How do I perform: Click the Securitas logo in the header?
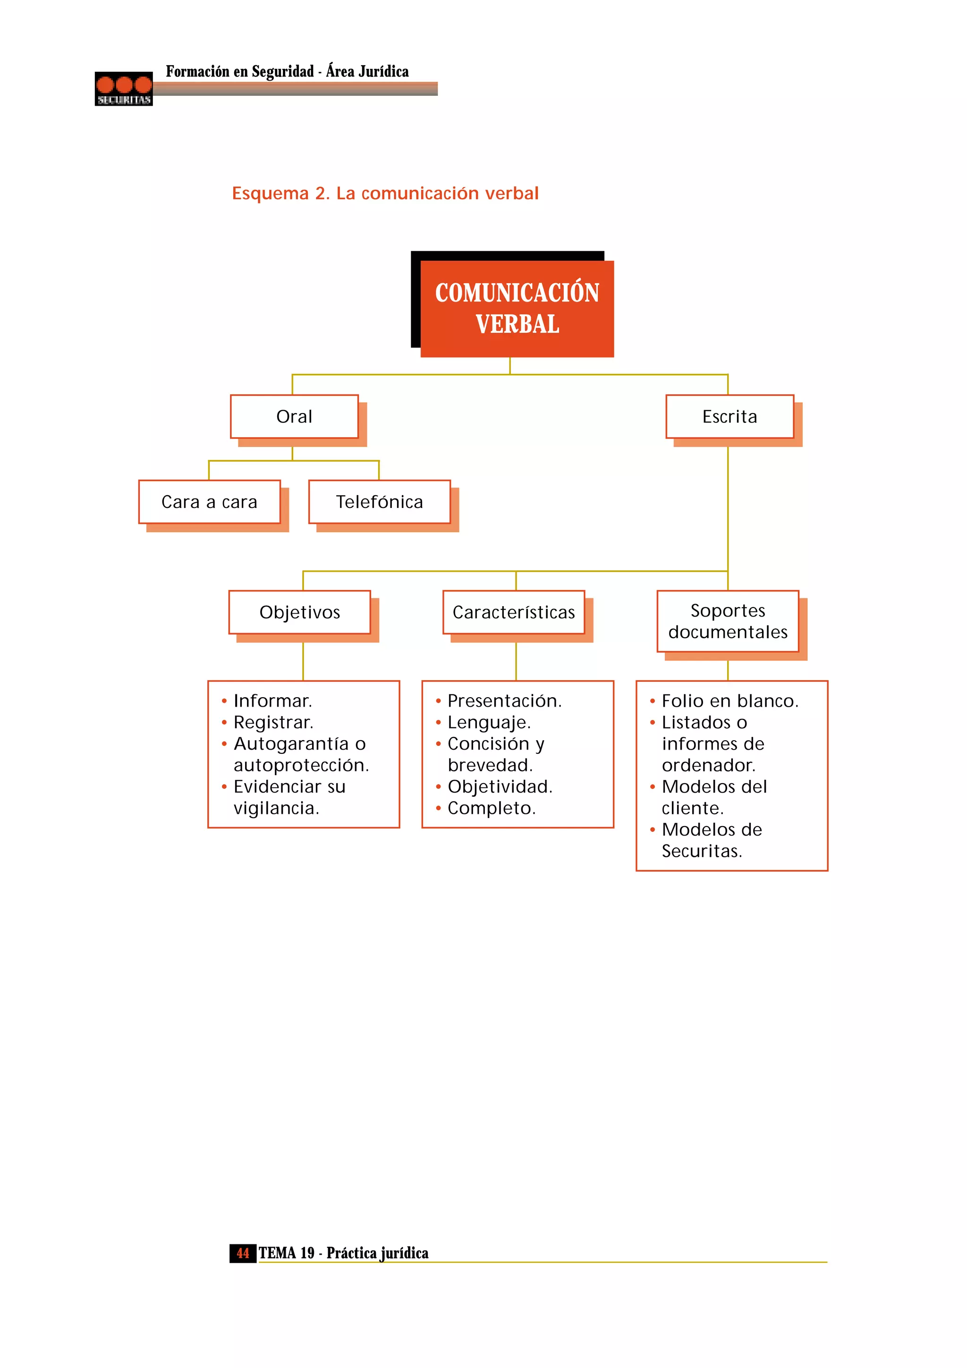coord(123,89)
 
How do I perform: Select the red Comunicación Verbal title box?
coord(517,309)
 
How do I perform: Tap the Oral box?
coord(294,416)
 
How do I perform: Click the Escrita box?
coord(729,416)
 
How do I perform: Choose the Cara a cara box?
coord(209,502)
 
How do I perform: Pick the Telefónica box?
coord(379,502)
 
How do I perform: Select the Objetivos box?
coord(300,612)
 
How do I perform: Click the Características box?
coord(514,612)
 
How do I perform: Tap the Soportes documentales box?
coord(728,621)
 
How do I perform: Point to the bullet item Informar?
coord(272,701)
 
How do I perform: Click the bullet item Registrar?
coord(273,722)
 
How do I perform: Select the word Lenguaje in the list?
coord(489,722)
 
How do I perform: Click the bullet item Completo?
coord(492,808)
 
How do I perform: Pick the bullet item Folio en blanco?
coord(730,701)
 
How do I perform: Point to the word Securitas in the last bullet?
coord(701,851)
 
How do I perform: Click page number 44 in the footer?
coord(243,1253)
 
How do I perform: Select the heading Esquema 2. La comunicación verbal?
coord(385,193)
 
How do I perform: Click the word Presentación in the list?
coord(504,701)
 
